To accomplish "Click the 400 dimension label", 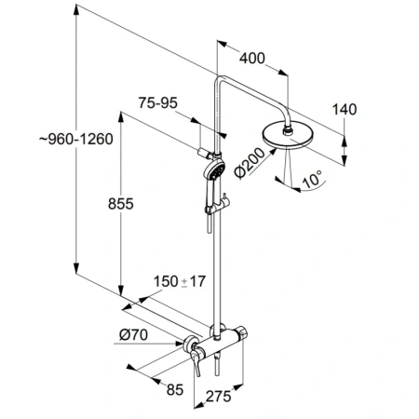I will point(251,59).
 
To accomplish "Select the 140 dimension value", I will point(345,109).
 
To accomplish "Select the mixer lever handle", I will point(196,355).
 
